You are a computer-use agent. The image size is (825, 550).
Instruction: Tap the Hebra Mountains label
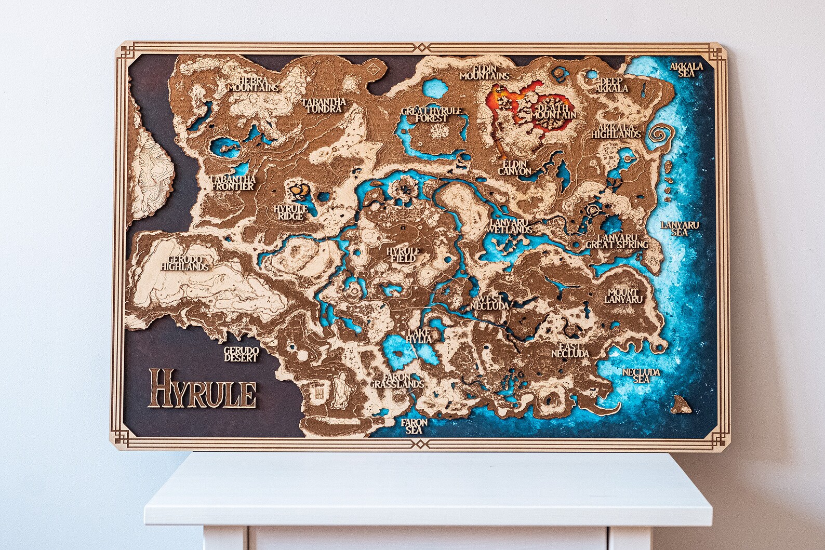click(x=253, y=85)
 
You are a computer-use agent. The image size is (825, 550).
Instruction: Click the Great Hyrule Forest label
click(x=424, y=115)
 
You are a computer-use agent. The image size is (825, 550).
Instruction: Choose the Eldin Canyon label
click(x=515, y=167)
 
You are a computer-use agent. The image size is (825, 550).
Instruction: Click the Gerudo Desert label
click(x=241, y=354)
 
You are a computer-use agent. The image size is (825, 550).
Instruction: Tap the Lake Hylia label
click(x=420, y=335)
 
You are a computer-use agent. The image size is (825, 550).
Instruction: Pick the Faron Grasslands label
click(x=397, y=381)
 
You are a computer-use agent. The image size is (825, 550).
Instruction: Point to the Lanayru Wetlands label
click(x=511, y=225)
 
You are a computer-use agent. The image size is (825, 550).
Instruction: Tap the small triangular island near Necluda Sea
click(x=680, y=403)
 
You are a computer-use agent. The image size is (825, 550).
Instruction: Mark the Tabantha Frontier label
click(x=232, y=182)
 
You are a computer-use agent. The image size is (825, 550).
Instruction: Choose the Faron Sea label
click(x=414, y=426)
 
